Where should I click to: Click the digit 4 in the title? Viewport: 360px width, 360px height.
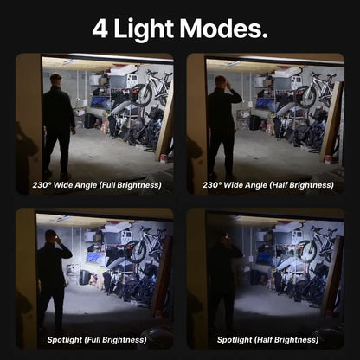point(100,29)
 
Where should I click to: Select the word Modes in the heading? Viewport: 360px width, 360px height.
point(220,29)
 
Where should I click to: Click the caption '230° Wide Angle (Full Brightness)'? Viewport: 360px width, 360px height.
point(97,185)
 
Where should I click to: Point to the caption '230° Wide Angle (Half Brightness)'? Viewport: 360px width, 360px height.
point(268,185)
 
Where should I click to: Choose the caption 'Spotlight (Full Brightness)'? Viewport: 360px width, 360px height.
point(97,340)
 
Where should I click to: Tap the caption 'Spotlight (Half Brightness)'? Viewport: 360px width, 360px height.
point(268,340)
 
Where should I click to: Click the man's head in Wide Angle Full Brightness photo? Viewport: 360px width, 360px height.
point(55,81)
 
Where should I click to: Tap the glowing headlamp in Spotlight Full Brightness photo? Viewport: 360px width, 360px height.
point(56,236)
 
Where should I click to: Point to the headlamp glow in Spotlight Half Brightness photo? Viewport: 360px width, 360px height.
point(228,236)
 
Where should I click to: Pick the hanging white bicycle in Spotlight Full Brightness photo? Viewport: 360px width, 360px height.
point(145,244)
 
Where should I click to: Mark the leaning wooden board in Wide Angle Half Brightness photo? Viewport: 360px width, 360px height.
point(332,121)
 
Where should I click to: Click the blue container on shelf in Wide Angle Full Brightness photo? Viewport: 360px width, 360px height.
point(99,102)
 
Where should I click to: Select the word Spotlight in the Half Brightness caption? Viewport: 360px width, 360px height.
point(235,340)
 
